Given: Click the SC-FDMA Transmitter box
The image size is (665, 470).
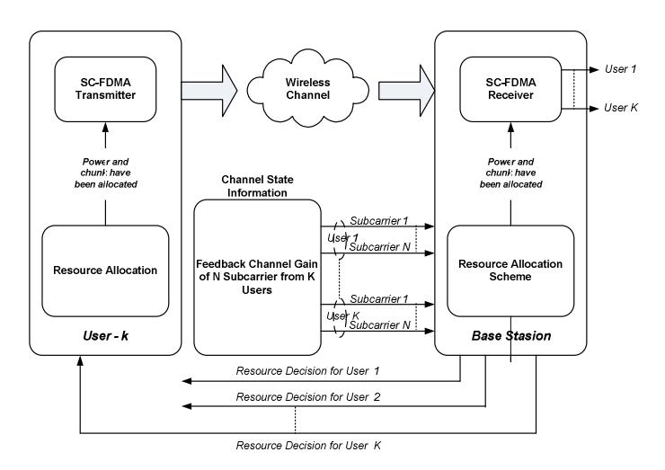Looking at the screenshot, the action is [x=105, y=89].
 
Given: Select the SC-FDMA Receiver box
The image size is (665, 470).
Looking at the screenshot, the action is [x=510, y=89].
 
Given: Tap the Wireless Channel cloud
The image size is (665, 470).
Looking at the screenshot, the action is [x=308, y=88].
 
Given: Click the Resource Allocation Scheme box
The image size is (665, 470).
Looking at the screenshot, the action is [x=510, y=270].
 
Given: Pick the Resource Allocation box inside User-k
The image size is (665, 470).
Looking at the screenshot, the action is [x=105, y=270].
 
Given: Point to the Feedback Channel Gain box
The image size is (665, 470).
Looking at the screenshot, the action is [x=257, y=277].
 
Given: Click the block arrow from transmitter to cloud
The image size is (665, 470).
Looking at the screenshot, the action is [x=209, y=91].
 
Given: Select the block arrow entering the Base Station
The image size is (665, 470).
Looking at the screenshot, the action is [x=407, y=91].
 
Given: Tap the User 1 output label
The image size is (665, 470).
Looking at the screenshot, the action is [x=620, y=69].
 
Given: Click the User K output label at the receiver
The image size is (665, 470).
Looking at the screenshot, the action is [x=621, y=108].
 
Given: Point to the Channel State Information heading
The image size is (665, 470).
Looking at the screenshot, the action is [x=257, y=186].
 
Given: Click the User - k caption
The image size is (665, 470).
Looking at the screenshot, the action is [x=106, y=336].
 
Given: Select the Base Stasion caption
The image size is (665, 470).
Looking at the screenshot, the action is [x=511, y=336].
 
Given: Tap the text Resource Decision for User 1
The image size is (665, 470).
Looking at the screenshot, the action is [x=307, y=371].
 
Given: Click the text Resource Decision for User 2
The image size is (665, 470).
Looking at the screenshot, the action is [x=308, y=397].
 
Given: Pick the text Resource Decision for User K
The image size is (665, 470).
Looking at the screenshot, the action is [x=308, y=446].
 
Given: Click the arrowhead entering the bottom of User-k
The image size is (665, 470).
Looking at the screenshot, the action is [x=80, y=360].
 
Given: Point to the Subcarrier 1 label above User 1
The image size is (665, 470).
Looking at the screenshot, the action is [x=378, y=220].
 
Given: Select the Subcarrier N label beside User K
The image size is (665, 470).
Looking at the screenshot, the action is [x=379, y=325].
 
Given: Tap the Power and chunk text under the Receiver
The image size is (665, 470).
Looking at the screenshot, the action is [x=510, y=173].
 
